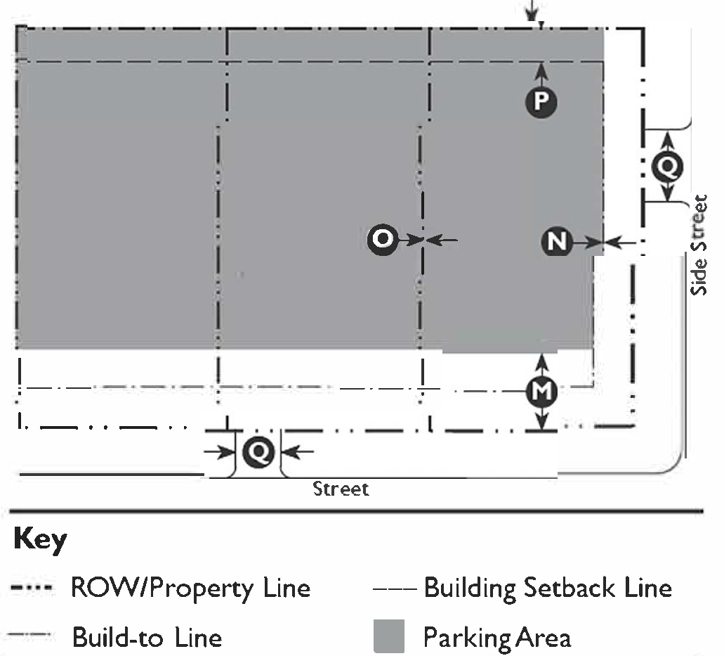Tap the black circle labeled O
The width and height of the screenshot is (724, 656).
click(383, 240)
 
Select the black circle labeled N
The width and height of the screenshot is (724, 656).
click(557, 242)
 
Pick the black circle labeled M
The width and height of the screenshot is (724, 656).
click(541, 392)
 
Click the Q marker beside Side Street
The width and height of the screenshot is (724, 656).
click(667, 166)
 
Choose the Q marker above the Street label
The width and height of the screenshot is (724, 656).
click(258, 451)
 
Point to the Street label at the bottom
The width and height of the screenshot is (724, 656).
click(341, 488)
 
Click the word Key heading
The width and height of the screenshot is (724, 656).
click(40, 540)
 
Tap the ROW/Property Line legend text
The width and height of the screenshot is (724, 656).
click(190, 588)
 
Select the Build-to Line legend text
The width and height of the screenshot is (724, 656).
click(147, 638)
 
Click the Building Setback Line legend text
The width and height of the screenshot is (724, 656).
click(548, 587)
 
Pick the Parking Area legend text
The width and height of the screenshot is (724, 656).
click(496, 638)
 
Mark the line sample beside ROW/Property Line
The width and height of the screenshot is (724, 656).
click(34, 588)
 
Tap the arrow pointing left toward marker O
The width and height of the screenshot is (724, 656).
click(442, 240)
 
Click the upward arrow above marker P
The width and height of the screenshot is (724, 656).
click(541, 71)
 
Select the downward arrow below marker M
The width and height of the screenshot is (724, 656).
click(541, 420)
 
